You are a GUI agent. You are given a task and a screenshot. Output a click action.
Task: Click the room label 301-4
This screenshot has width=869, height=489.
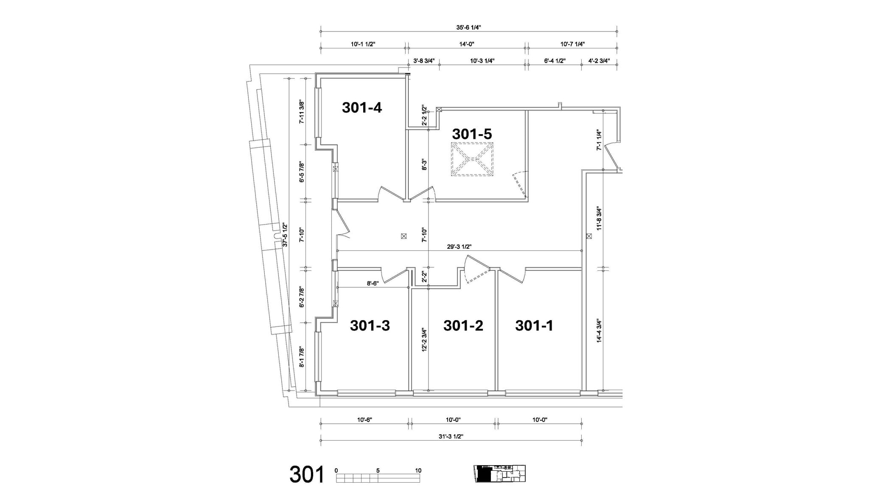coord(362,108)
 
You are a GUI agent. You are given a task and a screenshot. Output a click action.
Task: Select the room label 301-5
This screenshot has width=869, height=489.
coord(471,134)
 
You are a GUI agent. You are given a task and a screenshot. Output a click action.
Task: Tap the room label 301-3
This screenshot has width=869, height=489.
coord(370,326)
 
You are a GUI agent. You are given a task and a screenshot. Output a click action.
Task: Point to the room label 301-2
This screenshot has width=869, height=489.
coord(463,326)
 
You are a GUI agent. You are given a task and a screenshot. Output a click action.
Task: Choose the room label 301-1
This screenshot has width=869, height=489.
coord(534,326)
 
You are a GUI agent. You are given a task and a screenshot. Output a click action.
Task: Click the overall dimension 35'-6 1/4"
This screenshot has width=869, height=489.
coord(468,28)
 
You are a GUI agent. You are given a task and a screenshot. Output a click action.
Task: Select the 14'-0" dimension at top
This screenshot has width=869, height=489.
coord(466,44)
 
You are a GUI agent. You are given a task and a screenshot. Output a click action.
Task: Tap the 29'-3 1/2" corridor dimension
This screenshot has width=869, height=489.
coord(459,247)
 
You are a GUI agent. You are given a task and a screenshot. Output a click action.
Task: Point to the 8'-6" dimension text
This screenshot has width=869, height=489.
coord(373,284)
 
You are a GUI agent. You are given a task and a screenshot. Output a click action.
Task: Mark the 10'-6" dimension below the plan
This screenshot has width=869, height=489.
coord(364,420)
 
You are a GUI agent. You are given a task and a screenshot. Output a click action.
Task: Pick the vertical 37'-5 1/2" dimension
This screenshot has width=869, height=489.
coord(285,235)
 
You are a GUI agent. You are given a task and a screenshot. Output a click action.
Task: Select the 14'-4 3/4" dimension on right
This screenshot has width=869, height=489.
coord(599,331)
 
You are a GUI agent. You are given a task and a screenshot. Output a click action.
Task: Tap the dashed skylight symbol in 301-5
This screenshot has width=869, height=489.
coord(471,160)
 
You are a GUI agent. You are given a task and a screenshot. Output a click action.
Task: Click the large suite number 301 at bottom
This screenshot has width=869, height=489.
coord(307,474)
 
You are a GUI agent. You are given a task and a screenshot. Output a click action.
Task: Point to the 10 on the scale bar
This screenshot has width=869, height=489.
coord(418,470)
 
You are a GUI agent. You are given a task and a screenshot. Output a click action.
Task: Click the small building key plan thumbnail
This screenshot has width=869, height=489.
coord(499,473)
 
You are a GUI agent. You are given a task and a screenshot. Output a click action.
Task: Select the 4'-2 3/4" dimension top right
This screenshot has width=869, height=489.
coord(599,61)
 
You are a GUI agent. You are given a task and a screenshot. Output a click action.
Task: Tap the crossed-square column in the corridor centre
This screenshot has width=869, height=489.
coord(404,236)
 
